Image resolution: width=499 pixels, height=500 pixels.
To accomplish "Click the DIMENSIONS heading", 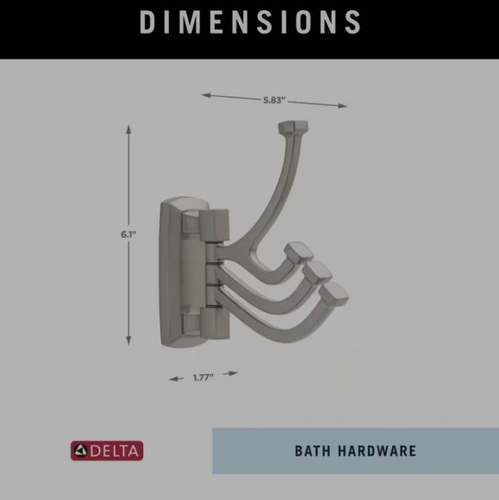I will (249, 22).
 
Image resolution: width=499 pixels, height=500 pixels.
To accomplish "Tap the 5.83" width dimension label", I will (275, 100).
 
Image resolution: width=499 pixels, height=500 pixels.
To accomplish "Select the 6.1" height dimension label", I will (129, 234).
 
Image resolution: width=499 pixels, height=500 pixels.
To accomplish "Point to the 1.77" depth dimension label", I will (203, 377).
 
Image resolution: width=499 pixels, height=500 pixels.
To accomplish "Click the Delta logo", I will (107, 450).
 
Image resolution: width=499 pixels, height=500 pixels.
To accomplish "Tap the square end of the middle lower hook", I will (319, 272).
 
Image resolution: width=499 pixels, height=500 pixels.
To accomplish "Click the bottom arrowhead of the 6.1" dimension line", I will (129, 341).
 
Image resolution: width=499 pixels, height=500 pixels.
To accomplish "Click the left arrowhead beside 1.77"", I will (172, 378).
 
